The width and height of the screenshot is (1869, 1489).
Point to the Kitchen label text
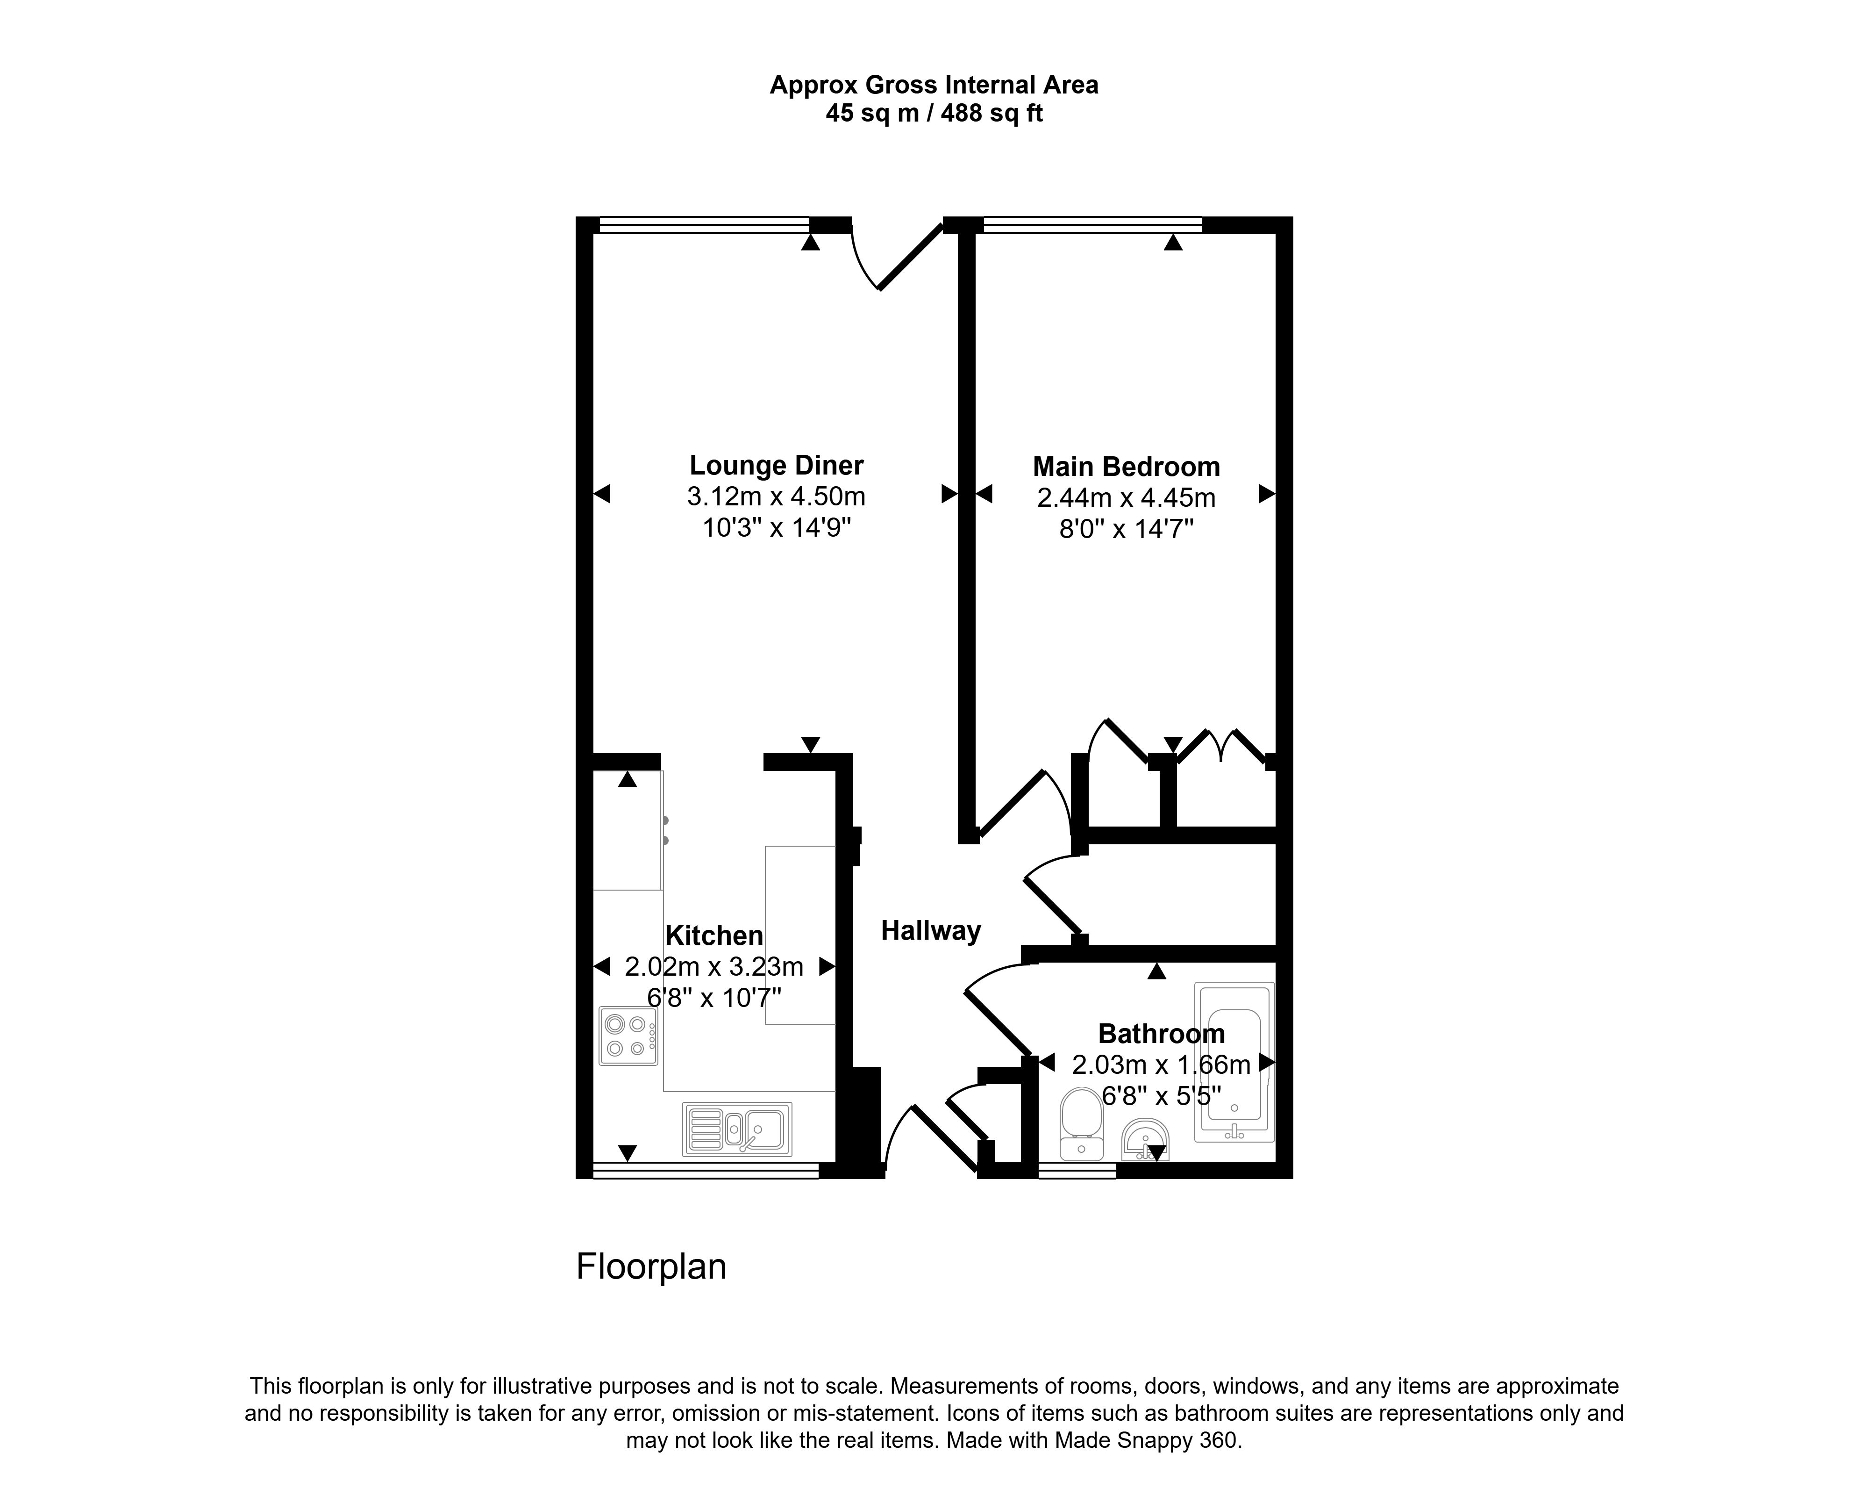coord(714,936)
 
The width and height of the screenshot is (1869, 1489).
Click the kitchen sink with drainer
coord(737,1129)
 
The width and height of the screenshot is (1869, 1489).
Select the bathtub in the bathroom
coord(1234,1061)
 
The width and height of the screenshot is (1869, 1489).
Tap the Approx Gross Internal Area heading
coord(934,85)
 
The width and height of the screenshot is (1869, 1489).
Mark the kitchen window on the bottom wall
coord(706,1171)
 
